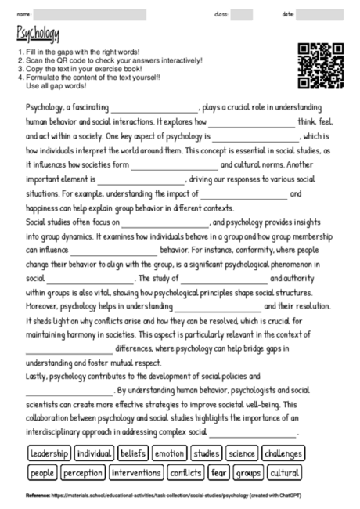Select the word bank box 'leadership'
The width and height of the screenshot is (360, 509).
pyautogui.click(x=49, y=453)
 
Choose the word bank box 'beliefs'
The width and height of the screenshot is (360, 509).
pyautogui.click(x=133, y=453)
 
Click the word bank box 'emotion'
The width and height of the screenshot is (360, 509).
pyautogui.click(x=170, y=453)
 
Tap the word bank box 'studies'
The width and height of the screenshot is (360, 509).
pyautogui.click(x=206, y=453)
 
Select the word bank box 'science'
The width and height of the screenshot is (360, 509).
pyautogui.click(x=242, y=453)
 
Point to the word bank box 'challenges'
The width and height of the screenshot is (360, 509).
pyautogui.click(x=284, y=453)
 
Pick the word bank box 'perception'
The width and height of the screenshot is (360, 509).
pyautogui.click(x=83, y=473)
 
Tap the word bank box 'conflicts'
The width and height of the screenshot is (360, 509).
pyautogui.click(x=188, y=473)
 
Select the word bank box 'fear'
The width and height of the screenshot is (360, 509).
pyautogui.click(x=219, y=473)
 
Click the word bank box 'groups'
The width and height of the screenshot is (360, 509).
pyautogui.click(x=249, y=473)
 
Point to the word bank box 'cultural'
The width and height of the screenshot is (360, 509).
pyautogui.click(x=286, y=473)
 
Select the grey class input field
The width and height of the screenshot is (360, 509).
pyautogui.click(x=242, y=14)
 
